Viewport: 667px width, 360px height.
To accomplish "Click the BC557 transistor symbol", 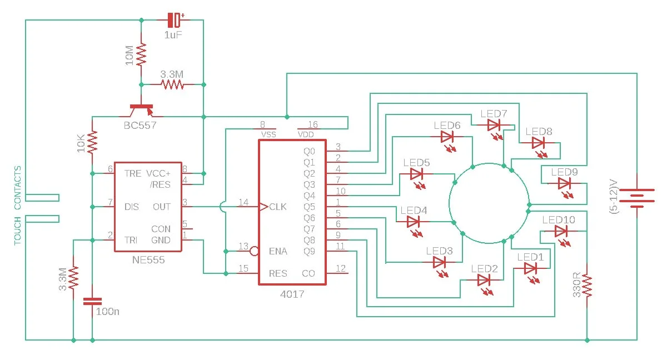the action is pyautogui.click(x=141, y=111).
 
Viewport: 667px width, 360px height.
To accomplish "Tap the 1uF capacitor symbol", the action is pyautogui.click(x=174, y=20).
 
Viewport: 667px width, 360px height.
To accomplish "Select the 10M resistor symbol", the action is pyautogui.click(x=141, y=55).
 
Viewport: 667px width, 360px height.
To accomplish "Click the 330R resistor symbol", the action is pyautogui.click(x=587, y=286).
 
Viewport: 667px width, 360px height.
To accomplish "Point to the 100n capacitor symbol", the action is pyautogui.click(x=92, y=301).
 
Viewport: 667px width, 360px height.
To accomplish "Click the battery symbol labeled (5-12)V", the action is pyautogui.click(x=637, y=196).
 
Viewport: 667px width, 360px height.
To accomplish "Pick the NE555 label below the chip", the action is pyautogui.click(x=148, y=260).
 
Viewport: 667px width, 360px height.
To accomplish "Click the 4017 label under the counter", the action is pyautogui.click(x=292, y=294).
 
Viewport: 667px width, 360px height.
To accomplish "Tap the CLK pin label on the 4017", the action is pyautogui.click(x=277, y=207).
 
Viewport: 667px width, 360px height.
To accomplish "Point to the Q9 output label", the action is pyautogui.click(x=309, y=252).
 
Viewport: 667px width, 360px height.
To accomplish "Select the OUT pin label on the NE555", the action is pyautogui.click(x=162, y=207).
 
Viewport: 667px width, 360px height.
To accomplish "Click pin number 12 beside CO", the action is pyautogui.click(x=341, y=268).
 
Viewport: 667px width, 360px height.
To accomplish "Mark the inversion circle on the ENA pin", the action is pyautogui.click(x=254, y=251).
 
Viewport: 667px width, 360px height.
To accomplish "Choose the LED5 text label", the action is pyautogui.click(x=416, y=163).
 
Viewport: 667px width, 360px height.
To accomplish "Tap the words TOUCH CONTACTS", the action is pyautogui.click(x=18, y=206).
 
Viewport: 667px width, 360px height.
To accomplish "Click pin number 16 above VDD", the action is pyautogui.click(x=312, y=124).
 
